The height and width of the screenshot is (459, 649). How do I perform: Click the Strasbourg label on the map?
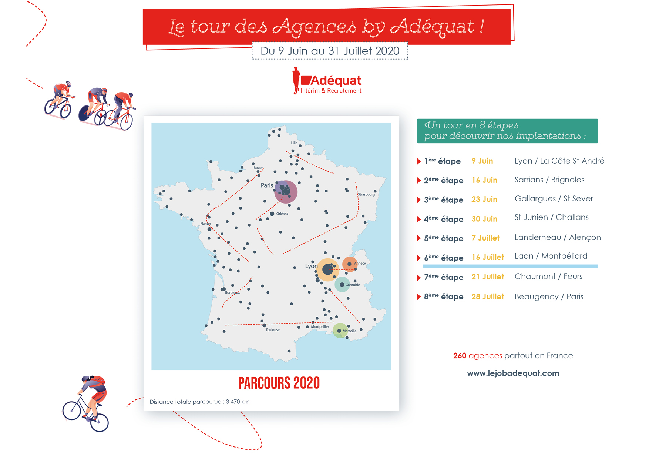point(366,194)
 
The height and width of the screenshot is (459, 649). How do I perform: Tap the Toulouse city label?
point(272,330)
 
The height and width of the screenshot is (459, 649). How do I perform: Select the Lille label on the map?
point(294,143)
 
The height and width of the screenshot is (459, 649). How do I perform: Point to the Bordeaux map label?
point(232,292)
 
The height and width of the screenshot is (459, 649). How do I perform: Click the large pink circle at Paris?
point(286,191)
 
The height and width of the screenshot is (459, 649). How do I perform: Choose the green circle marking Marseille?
point(340,331)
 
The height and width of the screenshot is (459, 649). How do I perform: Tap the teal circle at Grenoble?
point(342,285)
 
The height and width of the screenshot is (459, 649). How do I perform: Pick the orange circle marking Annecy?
point(350,264)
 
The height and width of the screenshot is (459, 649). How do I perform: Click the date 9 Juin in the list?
point(482,161)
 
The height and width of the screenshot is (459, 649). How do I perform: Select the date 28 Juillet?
point(487,297)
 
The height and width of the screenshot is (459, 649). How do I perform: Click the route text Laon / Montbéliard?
point(551,256)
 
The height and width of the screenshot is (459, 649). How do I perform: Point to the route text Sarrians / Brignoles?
point(549,180)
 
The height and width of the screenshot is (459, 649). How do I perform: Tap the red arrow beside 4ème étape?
point(419,219)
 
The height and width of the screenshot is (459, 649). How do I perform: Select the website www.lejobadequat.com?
point(513,373)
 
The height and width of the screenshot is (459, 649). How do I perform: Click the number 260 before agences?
point(460,356)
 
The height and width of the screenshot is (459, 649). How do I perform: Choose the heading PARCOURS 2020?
point(279,383)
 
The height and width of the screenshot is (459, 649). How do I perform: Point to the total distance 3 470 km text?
point(200,402)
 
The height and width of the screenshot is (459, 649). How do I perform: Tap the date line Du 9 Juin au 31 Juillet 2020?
point(330,51)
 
